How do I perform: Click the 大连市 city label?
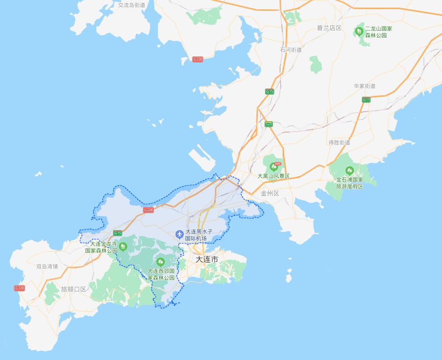[x=206, y=260]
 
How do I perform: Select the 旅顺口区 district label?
[x=73, y=289]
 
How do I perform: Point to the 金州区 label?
[x=270, y=193]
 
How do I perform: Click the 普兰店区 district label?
[x=329, y=28]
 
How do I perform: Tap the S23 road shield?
[x=269, y=123]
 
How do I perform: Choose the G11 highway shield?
[x=366, y=99]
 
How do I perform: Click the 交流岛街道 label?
[x=132, y=5]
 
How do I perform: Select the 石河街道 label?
[x=290, y=50]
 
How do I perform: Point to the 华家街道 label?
[x=365, y=86]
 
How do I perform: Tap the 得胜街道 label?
[x=339, y=142]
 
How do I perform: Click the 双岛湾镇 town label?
[x=47, y=266]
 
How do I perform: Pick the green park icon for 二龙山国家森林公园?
[x=359, y=31]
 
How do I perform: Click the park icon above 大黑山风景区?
[x=273, y=167]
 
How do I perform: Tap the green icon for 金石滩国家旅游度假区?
[x=349, y=171]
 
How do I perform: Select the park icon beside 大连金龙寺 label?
[x=123, y=246]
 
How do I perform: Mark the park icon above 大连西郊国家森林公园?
[x=160, y=262]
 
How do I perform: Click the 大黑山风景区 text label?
[x=273, y=176]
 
